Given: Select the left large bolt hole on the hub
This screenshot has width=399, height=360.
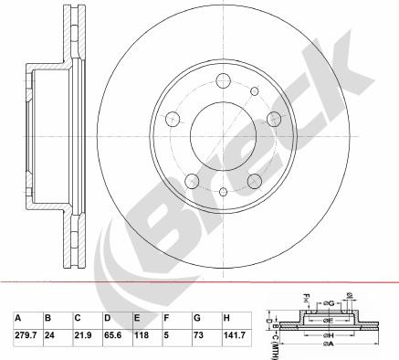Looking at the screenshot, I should click(173, 118).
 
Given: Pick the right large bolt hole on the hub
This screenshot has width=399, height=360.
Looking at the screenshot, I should click(274, 118).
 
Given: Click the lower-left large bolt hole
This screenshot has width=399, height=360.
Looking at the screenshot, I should click(193, 178).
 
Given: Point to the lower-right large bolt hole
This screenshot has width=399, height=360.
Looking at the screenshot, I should click(255, 178).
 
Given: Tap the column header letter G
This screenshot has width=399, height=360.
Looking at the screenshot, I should click(197, 318).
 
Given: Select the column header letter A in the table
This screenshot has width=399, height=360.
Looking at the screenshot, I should click(17, 318).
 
